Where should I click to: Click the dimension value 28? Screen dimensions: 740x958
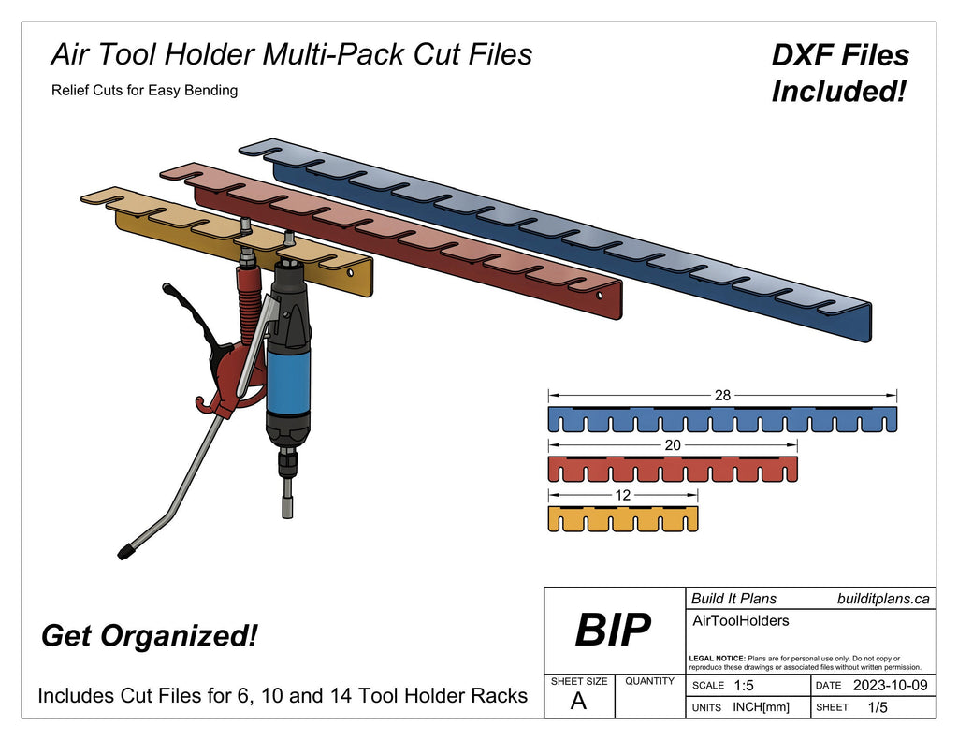pos(722,396)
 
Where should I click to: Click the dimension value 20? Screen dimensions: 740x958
pos(673,445)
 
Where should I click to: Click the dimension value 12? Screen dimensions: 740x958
pos(623,495)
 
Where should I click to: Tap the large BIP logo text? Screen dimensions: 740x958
pos(613,630)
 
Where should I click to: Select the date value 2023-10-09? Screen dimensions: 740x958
pos(890,686)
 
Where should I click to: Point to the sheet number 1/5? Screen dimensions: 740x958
pos(878,707)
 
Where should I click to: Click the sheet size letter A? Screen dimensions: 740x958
pos(578,703)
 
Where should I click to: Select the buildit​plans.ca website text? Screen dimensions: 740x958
pos(882,599)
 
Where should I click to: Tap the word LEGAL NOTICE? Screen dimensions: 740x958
pos(717,659)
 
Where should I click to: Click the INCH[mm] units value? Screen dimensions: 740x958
pos(761,707)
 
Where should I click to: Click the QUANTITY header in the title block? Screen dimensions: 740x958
pos(649,681)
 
